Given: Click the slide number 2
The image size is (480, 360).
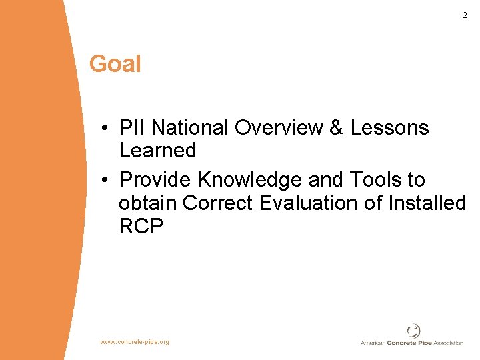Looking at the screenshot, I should (465, 15).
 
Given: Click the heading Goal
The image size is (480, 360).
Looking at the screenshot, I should (115, 64).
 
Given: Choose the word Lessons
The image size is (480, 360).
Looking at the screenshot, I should (390, 127).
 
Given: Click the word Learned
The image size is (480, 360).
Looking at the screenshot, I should (157, 151).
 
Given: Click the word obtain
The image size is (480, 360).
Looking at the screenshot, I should (148, 203).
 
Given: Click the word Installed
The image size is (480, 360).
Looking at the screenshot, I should (425, 203).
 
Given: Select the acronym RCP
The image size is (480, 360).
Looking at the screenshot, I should (141, 227).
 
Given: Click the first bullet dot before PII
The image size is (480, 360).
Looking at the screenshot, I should (106, 128).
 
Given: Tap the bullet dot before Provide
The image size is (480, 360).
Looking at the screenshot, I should (106, 181).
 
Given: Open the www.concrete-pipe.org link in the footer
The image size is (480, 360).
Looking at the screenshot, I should (135, 342).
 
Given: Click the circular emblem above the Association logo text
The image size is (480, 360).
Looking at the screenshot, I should (414, 331).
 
